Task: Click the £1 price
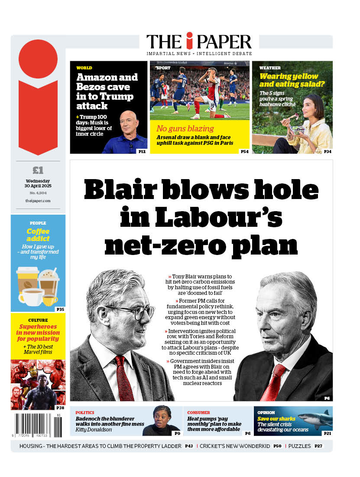tap(38, 170)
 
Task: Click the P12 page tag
tap(142, 151)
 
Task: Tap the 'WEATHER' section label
tap(270, 68)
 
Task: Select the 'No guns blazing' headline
tap(185, 128)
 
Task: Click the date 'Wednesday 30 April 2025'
tap(38, 183)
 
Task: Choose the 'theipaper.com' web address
tap(38, 201)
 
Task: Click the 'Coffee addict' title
tap(38, 235)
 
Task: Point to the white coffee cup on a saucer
tap(32, 297)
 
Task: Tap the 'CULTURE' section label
tap(38, 320)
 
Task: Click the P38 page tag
tap(60, 407)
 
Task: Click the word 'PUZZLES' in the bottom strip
tap(299, 446)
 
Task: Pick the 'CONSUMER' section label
tap(198, 412)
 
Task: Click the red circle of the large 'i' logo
tap(38, 59)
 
